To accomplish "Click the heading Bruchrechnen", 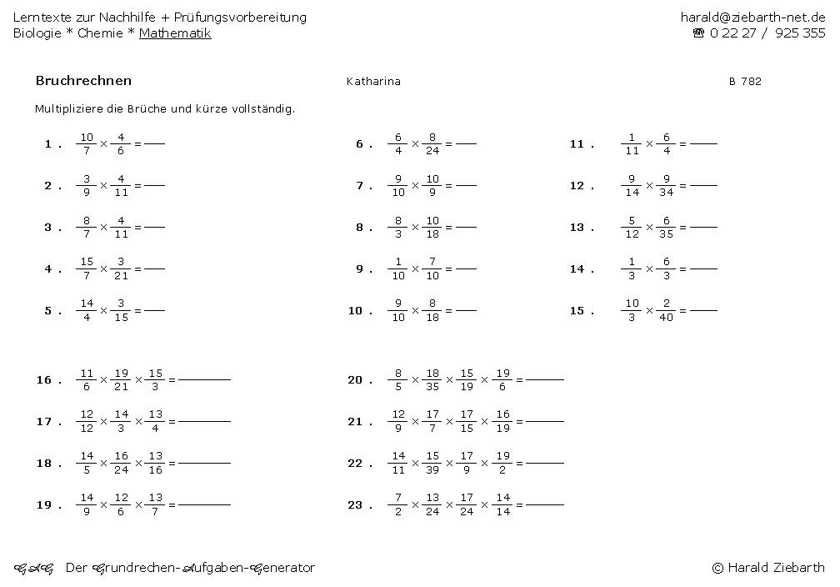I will point(83,81).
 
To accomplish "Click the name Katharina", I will point(373,82).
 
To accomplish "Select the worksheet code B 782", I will point(745,82).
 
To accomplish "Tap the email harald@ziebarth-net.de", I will point(752,17).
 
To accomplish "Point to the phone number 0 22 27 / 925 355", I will point(766,33).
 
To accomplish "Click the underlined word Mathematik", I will point(175,33).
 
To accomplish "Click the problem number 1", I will point(48,144).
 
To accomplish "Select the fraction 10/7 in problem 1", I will point(87,143).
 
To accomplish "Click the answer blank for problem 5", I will point(154,310).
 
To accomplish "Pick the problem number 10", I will point(355,311).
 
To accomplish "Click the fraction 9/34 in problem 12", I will point(667,185).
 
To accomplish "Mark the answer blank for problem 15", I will point(703,310).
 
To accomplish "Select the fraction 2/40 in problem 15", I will point(667,310).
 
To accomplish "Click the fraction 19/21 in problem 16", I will point(122,379).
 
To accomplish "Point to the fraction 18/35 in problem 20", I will point(432,379).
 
